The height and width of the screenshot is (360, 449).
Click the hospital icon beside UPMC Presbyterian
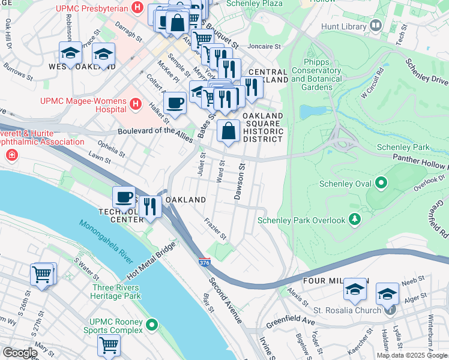137,8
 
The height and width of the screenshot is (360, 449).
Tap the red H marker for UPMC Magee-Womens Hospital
136,104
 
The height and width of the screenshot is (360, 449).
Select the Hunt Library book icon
376,25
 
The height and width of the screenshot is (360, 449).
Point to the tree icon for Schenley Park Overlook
355,220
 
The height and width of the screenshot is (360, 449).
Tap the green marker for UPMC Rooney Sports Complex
152,325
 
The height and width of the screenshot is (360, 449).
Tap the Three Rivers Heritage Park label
116,292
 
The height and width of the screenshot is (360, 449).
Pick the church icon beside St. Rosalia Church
390,310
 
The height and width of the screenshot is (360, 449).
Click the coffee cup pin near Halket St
175,101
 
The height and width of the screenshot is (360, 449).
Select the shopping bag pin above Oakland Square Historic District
229,131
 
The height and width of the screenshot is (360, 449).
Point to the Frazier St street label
215,229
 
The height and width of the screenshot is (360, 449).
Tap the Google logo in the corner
19,353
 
